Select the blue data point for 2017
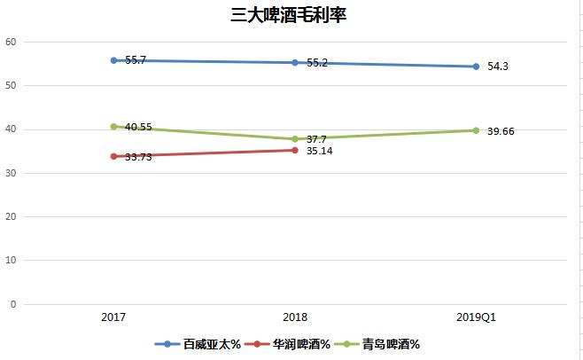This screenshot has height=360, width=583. (x=113, y=60)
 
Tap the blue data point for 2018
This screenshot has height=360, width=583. (x=295, y=62)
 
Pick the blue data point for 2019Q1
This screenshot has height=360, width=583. (x=476, y=67)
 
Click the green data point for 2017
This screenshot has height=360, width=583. (x=113, y=126)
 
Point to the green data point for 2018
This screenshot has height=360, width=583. (x=295, y=138)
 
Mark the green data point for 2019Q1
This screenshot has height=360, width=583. (x=476, y=130)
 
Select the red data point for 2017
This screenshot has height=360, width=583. (x=113, y=156)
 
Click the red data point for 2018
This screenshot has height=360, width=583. (x=295, y=150)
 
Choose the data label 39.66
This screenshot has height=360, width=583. (x=500, y=131)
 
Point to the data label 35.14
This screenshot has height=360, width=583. (x=318, y=152)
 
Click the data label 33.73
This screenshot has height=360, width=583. (x=138, y=157)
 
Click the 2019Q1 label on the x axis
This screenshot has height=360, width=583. (x=476, y=317)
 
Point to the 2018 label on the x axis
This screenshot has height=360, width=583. (x=295, y=317)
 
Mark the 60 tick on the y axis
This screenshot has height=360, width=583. (x=11, y=42)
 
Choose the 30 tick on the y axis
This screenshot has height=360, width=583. (x=11, y=173)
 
